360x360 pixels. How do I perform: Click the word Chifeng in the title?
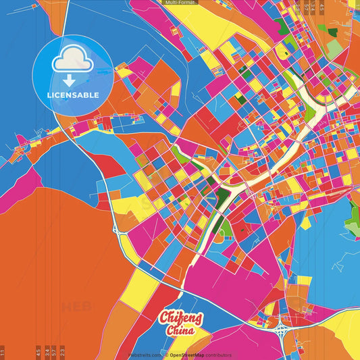click(178, 318)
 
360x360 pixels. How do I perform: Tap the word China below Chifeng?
click(179, 331)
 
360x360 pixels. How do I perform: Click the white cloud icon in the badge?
click(72, 61)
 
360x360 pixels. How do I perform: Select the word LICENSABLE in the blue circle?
click(72, 95)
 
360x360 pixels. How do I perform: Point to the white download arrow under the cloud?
click(72, 76)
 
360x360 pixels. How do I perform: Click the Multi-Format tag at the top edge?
click(180, 3)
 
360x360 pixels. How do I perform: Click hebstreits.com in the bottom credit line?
click(144, 355)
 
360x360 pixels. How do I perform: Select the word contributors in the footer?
click(219, 355)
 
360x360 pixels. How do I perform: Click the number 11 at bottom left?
click(3, 352)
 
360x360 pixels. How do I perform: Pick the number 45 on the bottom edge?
click(38, 352)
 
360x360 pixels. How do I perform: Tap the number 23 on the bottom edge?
click(63, 352)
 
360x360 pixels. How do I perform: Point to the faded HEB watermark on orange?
click(76, 307)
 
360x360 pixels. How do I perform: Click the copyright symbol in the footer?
click(166, 355)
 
